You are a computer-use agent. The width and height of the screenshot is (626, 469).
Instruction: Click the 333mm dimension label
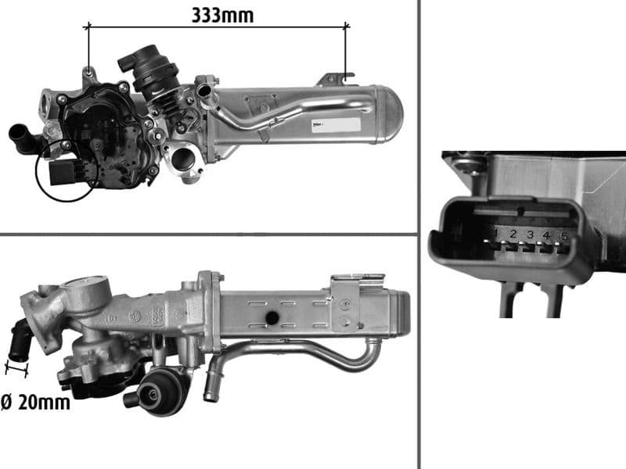[222, 13]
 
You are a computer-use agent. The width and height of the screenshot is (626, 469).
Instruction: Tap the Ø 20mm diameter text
[35, 403]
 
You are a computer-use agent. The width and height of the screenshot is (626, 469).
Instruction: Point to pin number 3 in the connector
[530, 234]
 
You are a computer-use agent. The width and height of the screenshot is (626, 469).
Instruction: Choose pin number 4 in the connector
[547, 234]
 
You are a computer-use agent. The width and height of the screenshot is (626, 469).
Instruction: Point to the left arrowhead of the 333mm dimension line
[88, 27]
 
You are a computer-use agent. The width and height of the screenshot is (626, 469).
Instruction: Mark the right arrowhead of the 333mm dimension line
[345, 27]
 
